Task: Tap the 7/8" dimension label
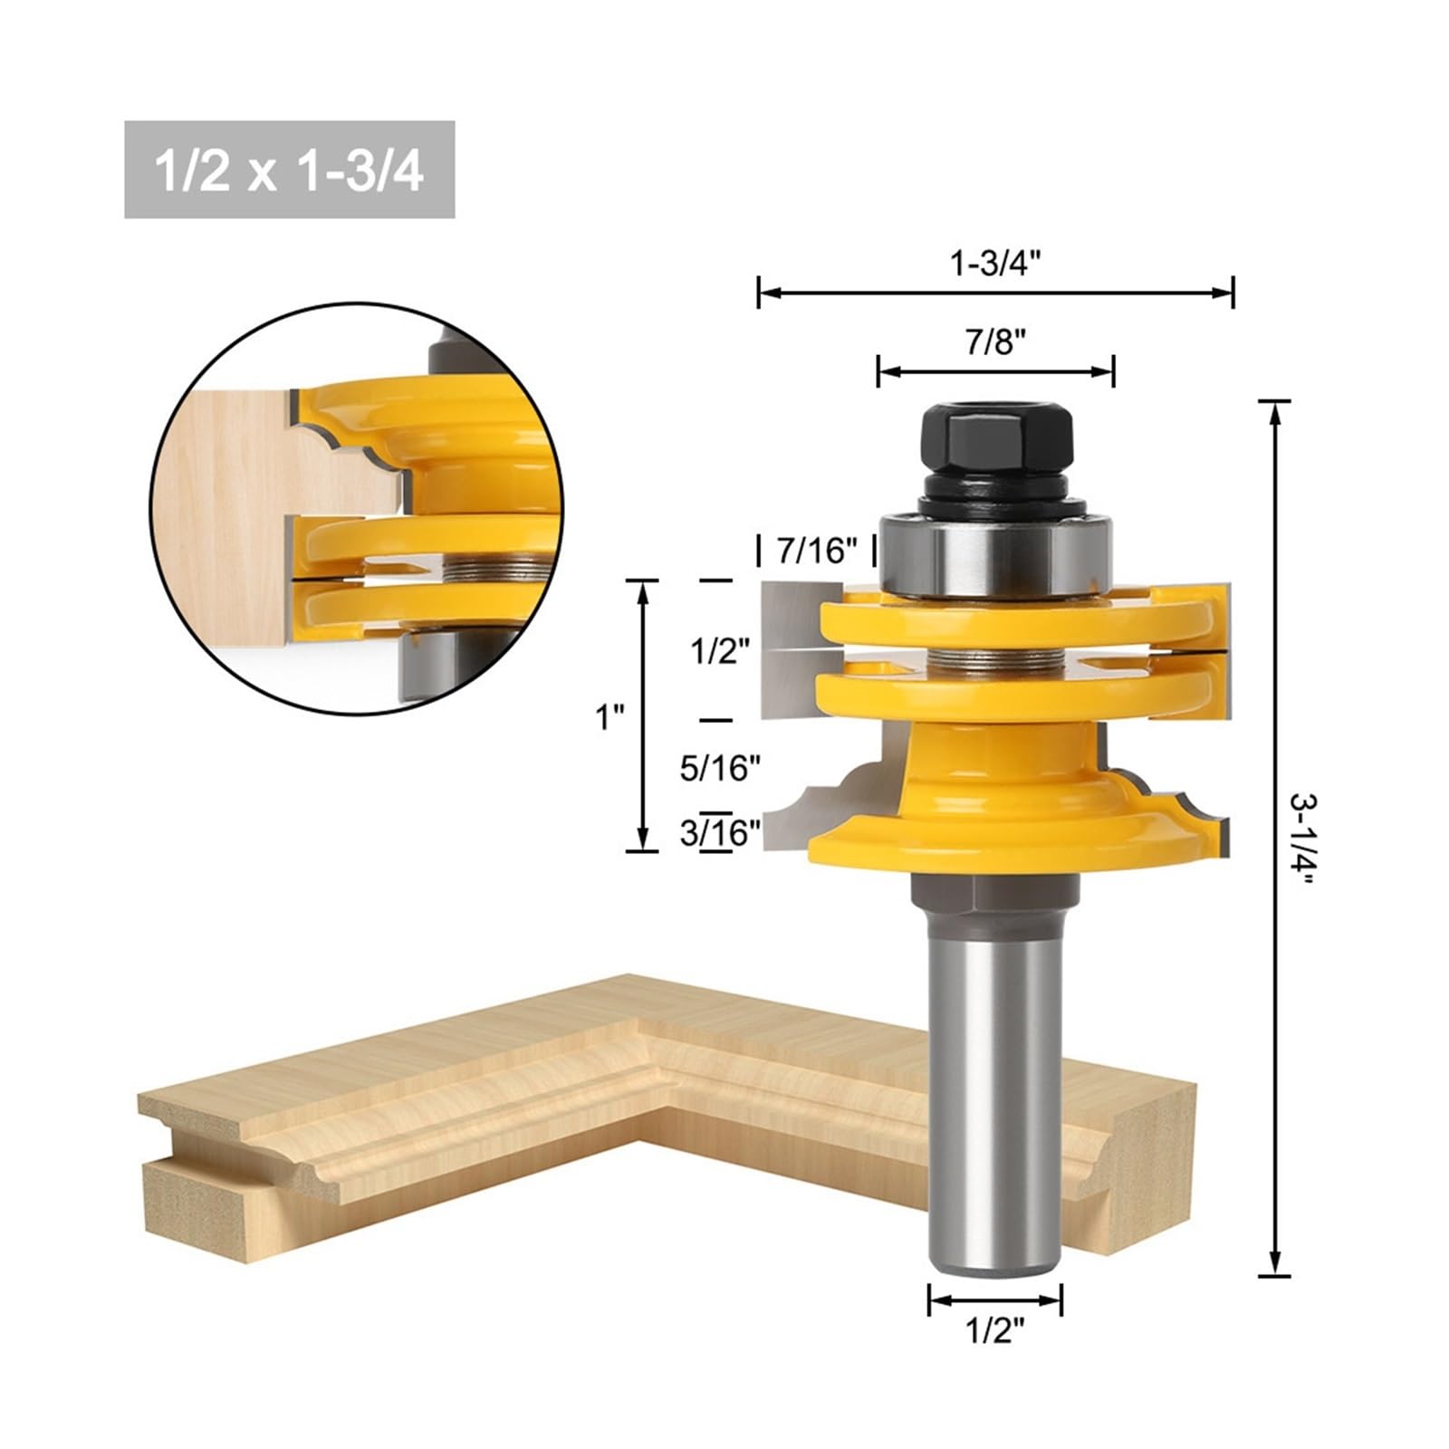click(995, 342)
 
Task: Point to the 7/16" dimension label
click(817, 550)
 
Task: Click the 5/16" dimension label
click(720, 768)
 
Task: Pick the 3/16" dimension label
click(720, 831)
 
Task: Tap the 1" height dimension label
click(609, 717)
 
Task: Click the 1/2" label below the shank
click(994, 1330)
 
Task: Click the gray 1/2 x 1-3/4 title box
click(290, 169)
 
